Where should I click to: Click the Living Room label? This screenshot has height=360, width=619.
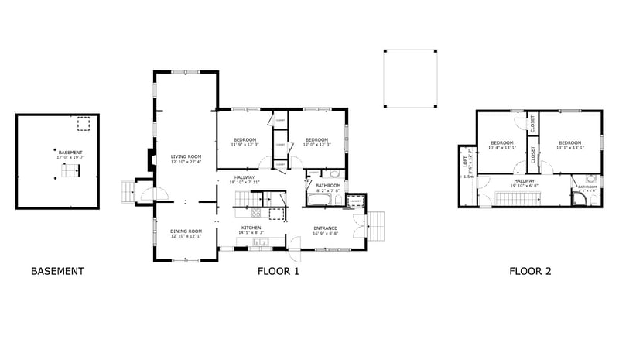[186, 156]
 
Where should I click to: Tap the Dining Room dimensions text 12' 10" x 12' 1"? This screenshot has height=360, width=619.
[186, 235]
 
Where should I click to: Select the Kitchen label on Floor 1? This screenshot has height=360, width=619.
[251, 228]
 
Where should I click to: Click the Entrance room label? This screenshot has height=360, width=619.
[325, 228]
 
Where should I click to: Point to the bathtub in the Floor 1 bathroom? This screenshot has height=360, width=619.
[320, 201]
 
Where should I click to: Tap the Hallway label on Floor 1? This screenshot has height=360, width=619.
[245, 177]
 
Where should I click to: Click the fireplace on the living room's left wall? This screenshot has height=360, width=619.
[145, 158]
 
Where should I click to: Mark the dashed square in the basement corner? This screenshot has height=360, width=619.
[83, 123]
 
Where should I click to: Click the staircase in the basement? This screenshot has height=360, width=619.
[70, 171]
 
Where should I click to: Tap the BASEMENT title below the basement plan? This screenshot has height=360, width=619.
[57, 272]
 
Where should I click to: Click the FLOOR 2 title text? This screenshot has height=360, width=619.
[530, 272]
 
